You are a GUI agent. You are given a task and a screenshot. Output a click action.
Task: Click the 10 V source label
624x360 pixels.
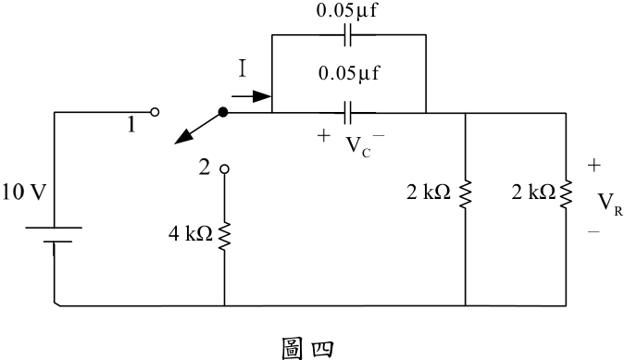pyautogui.click(x=25, y=192)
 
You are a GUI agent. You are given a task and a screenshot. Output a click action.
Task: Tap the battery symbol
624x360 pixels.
pyautogui.click(x=54, y=235)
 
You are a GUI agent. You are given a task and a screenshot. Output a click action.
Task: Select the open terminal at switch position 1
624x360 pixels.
pyautogui.click(x=155, y=112)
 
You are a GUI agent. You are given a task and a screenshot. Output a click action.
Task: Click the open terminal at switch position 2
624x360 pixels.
pyautogui.click(x=224, y=169)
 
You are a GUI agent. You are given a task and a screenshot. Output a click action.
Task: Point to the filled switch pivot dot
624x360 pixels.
pyautogui.click(x=223, y=112)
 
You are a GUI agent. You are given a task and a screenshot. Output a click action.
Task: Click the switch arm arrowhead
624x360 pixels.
pyautogui.click(x=183, y=137)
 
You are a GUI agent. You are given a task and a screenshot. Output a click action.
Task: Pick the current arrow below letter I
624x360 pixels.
pyautogui.click(x=252, y=96)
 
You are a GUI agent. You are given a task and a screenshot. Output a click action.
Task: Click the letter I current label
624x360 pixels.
pyautogui.click(x=243, y=68)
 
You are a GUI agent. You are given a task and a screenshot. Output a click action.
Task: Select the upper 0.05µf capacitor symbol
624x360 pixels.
pyautogui.click(x=348, y=35)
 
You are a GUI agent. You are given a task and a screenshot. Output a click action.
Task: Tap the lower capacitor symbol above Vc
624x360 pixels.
pyautogui.click(x=348, y=113)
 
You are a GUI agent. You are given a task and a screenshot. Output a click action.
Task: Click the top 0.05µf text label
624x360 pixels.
pyautogui.click(x=346, y=10)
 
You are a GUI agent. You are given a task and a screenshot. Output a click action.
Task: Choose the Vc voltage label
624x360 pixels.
pyautogui.click(x=358, y=146)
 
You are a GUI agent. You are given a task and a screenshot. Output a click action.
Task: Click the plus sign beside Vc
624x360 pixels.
pyautogui.click(x=324, y=136)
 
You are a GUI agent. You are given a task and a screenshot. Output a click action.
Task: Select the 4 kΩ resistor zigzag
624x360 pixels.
pyautogui.click(x=224, y=236)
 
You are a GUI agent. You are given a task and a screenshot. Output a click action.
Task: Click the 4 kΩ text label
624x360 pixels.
pyautogui.click(x=190, y=234)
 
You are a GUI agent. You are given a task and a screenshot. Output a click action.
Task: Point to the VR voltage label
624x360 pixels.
pyautogui.click(x=610, y=204)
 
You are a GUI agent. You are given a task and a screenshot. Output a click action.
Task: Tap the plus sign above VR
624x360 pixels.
pyautogui.click(x=593, y=165)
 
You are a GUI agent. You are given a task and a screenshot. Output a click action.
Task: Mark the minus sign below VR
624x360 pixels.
pyautogui.click(x=593, y=231)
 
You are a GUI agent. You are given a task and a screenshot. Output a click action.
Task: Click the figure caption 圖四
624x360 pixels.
pyautogui.click(x=307, y=349)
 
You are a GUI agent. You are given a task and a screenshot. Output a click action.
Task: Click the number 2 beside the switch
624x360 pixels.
pyautogui.click(x=205, y=168)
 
